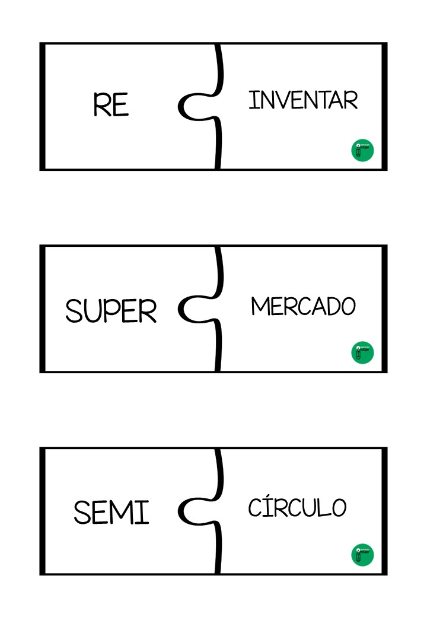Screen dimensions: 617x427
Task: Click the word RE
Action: (x=111, y=105)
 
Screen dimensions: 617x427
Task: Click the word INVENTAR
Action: (x=303, y=100)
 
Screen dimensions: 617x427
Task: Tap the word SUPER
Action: (x=111, y=310)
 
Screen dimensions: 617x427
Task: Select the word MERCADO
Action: (x=303, y=306)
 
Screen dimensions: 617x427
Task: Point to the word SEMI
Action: (x=111, y=512)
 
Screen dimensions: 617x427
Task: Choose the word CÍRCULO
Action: (x=297, y=507)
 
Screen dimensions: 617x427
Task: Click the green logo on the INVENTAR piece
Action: (x=362, y=150)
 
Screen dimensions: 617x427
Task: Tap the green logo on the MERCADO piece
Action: (x=362, y=352)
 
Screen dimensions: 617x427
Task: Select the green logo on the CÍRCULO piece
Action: (x=362, y=554)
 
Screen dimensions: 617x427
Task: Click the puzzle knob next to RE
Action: (x=193, y=106)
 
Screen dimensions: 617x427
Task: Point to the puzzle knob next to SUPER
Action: (x=193, y=308)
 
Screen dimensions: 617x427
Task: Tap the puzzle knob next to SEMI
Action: (x=193, y=511)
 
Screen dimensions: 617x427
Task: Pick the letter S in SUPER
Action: (x=74, y=311)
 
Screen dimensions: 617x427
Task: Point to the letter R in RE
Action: (x=101, y=105)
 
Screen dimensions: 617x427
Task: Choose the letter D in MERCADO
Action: (x=331, y=306)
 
